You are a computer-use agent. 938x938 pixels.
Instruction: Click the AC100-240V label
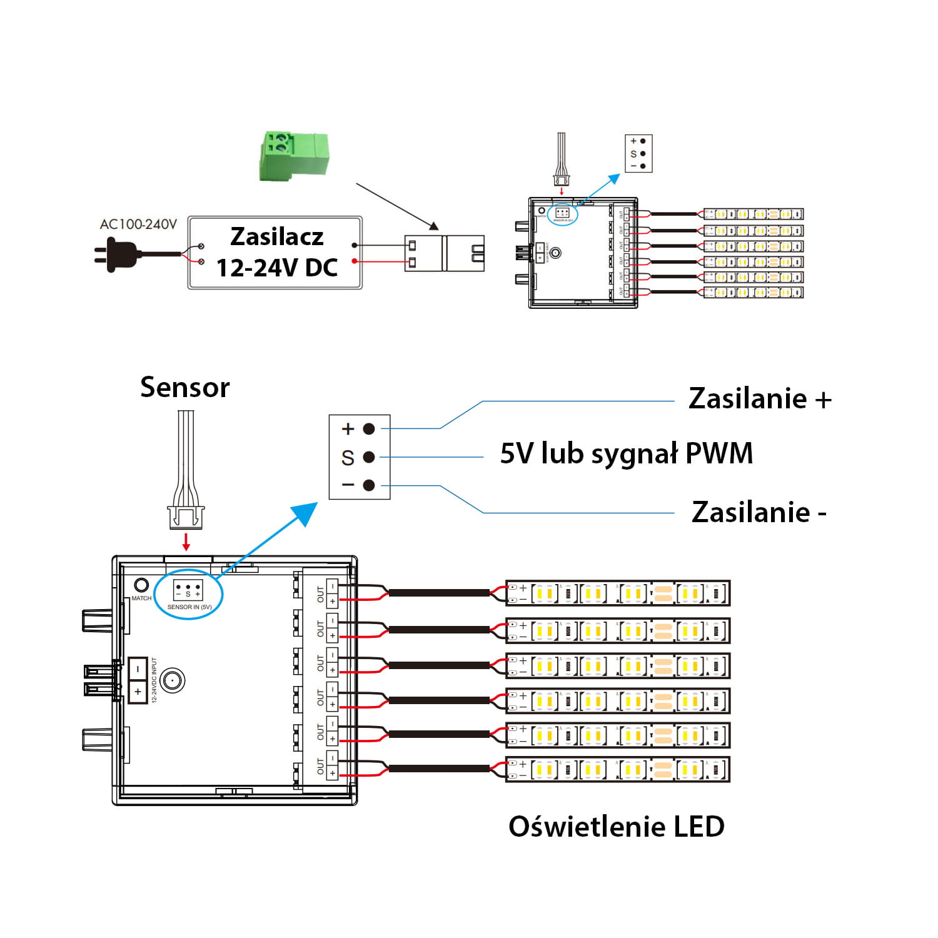(138, 224)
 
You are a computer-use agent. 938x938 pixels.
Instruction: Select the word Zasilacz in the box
(276, 237)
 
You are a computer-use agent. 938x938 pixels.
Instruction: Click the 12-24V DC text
(276, 268)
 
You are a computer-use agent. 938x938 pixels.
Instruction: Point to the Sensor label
(184, 387)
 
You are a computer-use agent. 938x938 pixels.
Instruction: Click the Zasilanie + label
(759, 399)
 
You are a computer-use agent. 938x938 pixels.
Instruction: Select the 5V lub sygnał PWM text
(626, 453)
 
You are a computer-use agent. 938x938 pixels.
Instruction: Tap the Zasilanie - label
(759, 512)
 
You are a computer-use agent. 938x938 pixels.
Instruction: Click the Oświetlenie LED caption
(616, 827)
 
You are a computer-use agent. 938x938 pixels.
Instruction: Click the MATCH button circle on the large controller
(142, 585)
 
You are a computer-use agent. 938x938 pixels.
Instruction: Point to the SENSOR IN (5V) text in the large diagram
(189, 607)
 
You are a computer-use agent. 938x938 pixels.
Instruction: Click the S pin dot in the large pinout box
(369, 457)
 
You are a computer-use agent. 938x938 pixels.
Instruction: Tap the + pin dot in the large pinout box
(369, 429)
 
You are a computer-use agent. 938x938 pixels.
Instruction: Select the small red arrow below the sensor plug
(186, 541)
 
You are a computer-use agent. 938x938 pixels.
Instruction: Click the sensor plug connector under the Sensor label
(186, 517)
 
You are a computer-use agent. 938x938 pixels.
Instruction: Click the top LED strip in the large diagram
(617, 593)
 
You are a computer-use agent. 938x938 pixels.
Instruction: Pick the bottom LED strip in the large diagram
(617, 769)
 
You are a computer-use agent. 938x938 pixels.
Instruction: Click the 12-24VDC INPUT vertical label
(154, 680)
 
